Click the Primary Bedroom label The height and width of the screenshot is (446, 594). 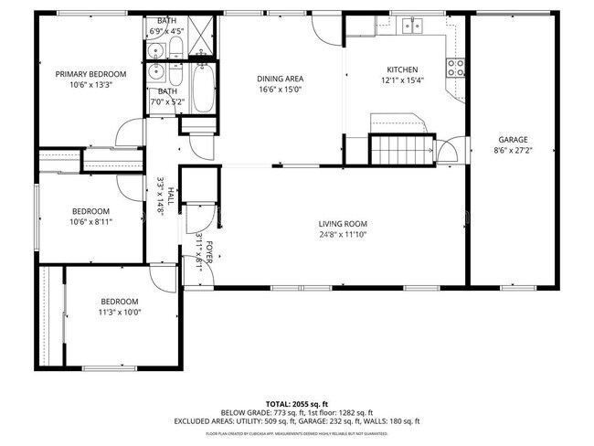click(90, 74)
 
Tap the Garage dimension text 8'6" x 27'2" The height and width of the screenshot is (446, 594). click(513, 150)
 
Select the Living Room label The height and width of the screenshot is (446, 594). click(343, 224)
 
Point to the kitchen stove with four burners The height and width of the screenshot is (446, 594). click(454, 66)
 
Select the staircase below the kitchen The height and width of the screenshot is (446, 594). click(400, 147)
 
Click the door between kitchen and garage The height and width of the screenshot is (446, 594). click(449, 151)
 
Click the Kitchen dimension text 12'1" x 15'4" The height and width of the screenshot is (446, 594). click(402, 80)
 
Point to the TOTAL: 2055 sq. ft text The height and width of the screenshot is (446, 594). click(297, 403)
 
